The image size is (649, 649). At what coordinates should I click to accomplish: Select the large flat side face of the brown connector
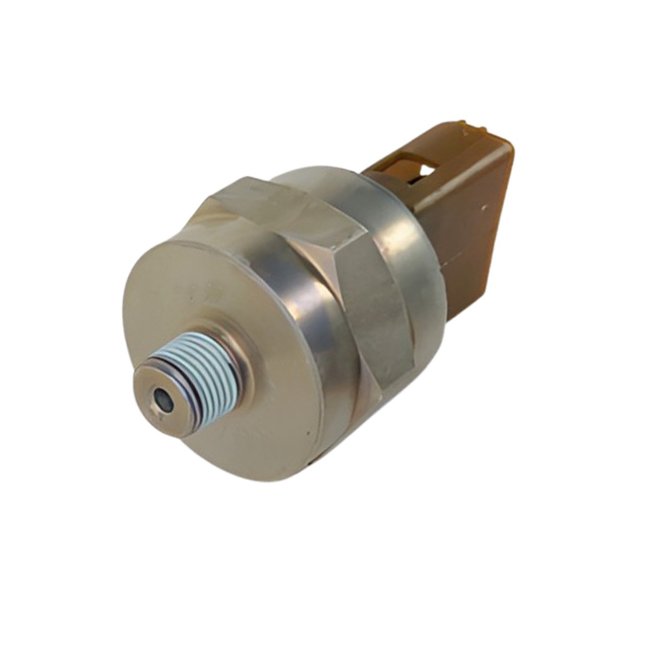pyautogui.click(x=471, y=227)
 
